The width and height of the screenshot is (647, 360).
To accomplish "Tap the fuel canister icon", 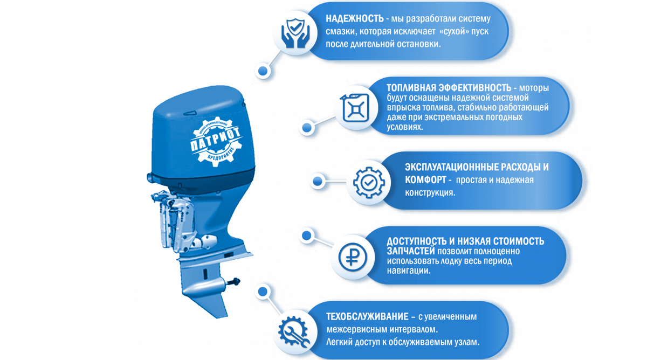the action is [x=356, y=108].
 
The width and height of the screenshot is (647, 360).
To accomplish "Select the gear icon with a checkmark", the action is [x=369, y=182].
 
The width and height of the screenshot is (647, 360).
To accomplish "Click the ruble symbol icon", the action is [x=353, y=257].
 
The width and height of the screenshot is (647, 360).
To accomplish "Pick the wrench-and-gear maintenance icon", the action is [x=293, y=330].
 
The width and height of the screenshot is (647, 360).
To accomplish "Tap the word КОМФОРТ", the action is [x=425, y=180].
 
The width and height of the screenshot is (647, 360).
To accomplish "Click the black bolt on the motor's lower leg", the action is [x=234, y=281].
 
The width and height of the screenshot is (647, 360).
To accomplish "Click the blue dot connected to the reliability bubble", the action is [x=263, y=71].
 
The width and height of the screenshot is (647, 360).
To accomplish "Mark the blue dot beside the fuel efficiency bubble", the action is [x=307, y=127].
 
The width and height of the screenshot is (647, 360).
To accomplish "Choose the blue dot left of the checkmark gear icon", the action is [x=318, y=181].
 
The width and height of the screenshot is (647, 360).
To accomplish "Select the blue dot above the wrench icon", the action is [x=263, y=292].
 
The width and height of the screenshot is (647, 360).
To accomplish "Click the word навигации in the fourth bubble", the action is [x=409, y=271].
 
